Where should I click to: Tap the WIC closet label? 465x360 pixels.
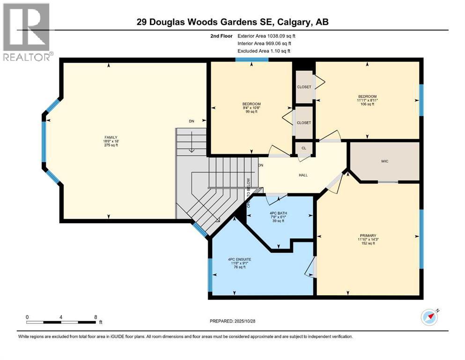[384, 161]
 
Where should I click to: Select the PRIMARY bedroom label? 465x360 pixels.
[369, 235]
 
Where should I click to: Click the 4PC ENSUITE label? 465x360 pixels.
[239, 259]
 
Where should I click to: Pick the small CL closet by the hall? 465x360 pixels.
[303, 148]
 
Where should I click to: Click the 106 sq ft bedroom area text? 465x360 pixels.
[368, 104]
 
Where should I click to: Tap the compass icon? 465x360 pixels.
[429, 317]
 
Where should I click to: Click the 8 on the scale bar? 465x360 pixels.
[96, 317]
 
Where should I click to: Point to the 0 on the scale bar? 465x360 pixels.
[27, 317]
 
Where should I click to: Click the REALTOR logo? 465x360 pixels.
[27, 31]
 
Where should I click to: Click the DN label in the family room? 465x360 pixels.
[191, 121]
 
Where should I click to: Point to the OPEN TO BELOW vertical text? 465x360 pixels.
[249, 192]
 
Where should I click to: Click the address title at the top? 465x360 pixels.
[232, 22]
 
